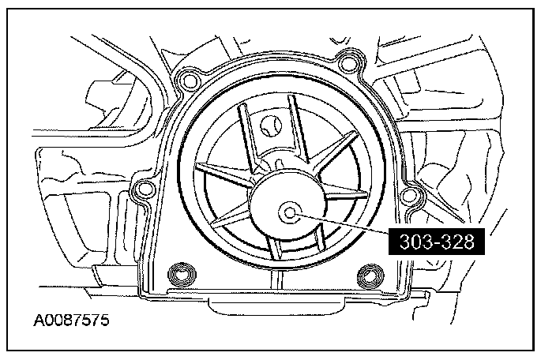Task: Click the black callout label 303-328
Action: point(437,242)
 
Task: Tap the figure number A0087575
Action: point(71,321)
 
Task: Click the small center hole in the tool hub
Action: point(290,213)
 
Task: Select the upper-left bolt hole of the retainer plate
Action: point(188,81)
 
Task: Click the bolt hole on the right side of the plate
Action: point(410,195)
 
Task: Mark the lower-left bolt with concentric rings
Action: point(182,275)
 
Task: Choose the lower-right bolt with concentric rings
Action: point(370,276)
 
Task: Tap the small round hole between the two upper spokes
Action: point(271,126)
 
